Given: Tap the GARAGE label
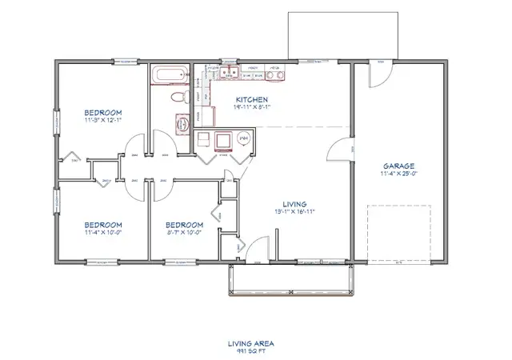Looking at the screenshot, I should pyautogui.click(x=397, y=166).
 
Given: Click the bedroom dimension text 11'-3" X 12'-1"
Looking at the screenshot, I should pyautogui.click(x=103, y=119).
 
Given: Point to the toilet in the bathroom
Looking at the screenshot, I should pyautogui.click(x=178, y=98).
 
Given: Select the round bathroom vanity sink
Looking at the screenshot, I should pyautogui.click(x=181, y=122).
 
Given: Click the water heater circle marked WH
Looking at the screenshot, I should pyautogui.click(x=244, y=139).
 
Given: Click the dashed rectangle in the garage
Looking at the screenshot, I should pyautogui.click(x=398, y=231).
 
